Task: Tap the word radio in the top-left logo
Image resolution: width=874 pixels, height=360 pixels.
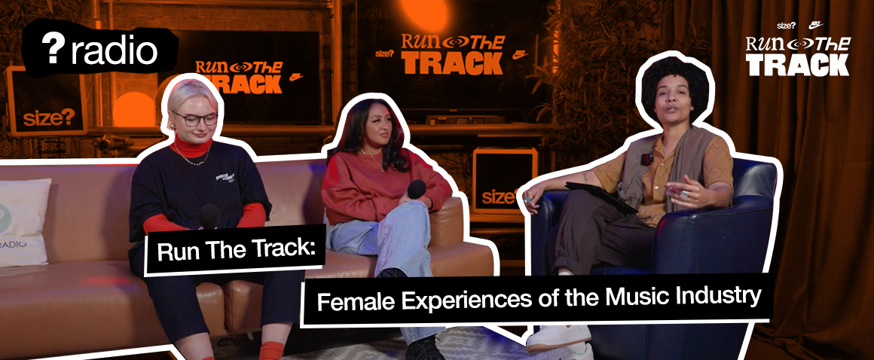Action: [x=114, y=50]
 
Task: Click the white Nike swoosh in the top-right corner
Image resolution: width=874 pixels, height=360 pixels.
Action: [x=817, y=25]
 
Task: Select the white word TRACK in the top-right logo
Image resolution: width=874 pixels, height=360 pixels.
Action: [x=798, y=65]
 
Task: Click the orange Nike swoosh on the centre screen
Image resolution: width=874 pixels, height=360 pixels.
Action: [x=520, y=55]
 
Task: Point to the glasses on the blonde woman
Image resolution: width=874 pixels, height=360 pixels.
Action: [x=194, y=118]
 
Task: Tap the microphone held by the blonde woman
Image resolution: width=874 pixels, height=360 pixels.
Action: [x=209, y=215]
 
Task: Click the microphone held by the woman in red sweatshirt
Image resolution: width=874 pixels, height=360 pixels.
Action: [x=417, y=189]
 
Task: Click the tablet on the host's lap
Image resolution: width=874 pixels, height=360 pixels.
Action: [x=601, y=196]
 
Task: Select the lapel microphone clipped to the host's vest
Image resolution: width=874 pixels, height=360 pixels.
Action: [x=646, y=159]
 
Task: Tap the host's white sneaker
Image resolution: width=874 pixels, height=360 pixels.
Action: [x=559, y=337]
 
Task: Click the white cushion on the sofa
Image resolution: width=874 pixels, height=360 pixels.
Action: [x=23, y=222]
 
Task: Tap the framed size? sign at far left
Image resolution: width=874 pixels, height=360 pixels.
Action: [x=47, y=102]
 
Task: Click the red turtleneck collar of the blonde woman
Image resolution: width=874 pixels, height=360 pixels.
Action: [x=193, y=147]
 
